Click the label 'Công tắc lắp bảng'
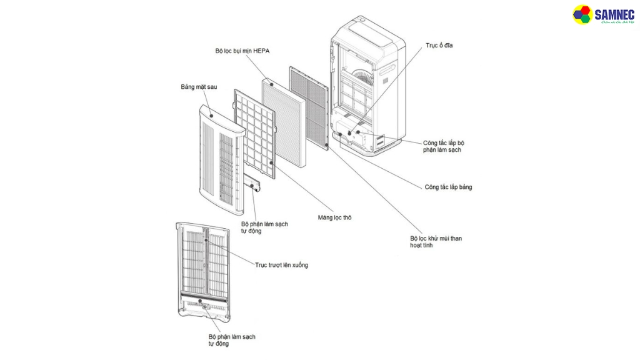448,187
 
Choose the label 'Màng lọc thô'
334,217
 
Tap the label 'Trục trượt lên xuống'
281,265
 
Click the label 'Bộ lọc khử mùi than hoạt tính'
436,242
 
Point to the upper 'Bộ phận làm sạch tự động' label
264,227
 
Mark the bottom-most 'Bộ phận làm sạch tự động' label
232,340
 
